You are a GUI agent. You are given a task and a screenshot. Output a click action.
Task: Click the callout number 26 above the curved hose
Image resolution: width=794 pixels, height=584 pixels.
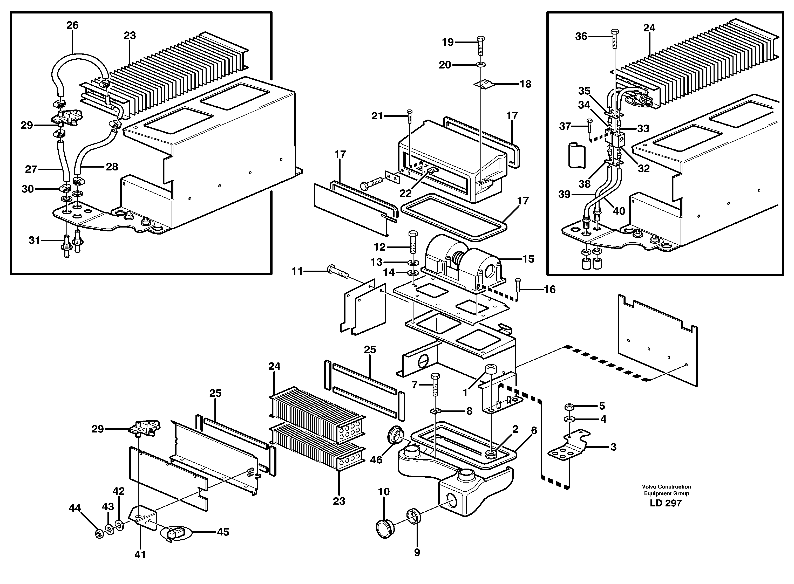(x=72, y=25)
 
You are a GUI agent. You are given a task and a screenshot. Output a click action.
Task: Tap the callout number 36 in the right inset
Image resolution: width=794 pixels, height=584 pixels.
(x=581, y=36)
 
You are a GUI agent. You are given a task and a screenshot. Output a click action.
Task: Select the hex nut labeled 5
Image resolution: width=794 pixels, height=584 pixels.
(x=569, y=406)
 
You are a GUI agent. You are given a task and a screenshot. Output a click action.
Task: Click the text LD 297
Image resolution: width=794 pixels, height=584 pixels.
(x=665, y=503)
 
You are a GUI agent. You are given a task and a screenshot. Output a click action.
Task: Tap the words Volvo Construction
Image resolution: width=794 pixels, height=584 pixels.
(x=666, y=487)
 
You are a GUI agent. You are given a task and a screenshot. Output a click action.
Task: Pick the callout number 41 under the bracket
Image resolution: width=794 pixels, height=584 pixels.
(x=140, y=555)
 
